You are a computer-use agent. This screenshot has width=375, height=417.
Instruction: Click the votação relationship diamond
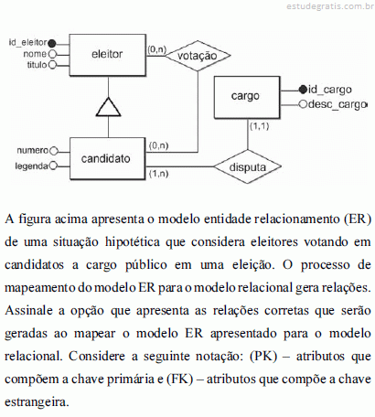coord(198,56)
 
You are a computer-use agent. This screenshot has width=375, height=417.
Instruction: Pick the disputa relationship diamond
coord(247,166)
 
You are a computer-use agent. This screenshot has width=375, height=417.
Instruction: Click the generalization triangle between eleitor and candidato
coord(108,107)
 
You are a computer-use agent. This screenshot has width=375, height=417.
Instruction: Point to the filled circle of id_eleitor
coord(52,43)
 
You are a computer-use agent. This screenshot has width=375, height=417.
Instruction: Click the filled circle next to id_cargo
coord(303,90)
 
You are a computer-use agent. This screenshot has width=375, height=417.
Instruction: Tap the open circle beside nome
coord(52,54)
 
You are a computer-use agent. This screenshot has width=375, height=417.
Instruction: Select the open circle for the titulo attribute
coord(52,65)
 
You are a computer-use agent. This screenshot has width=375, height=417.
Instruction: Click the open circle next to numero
coord(54,151)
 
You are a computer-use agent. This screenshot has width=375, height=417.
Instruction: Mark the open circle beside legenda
coord(53,166)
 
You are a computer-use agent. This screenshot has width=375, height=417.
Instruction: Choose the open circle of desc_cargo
coord(303,104)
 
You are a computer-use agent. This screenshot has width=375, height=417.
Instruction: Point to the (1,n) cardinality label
coord(158,174)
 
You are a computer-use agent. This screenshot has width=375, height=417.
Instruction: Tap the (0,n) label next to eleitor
coord(156,49)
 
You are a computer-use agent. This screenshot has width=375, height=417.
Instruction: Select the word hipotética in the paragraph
coord(133,242)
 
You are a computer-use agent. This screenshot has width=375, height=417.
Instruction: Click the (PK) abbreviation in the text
coord(263,357)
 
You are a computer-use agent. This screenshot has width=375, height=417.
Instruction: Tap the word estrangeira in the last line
coord(37,402)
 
